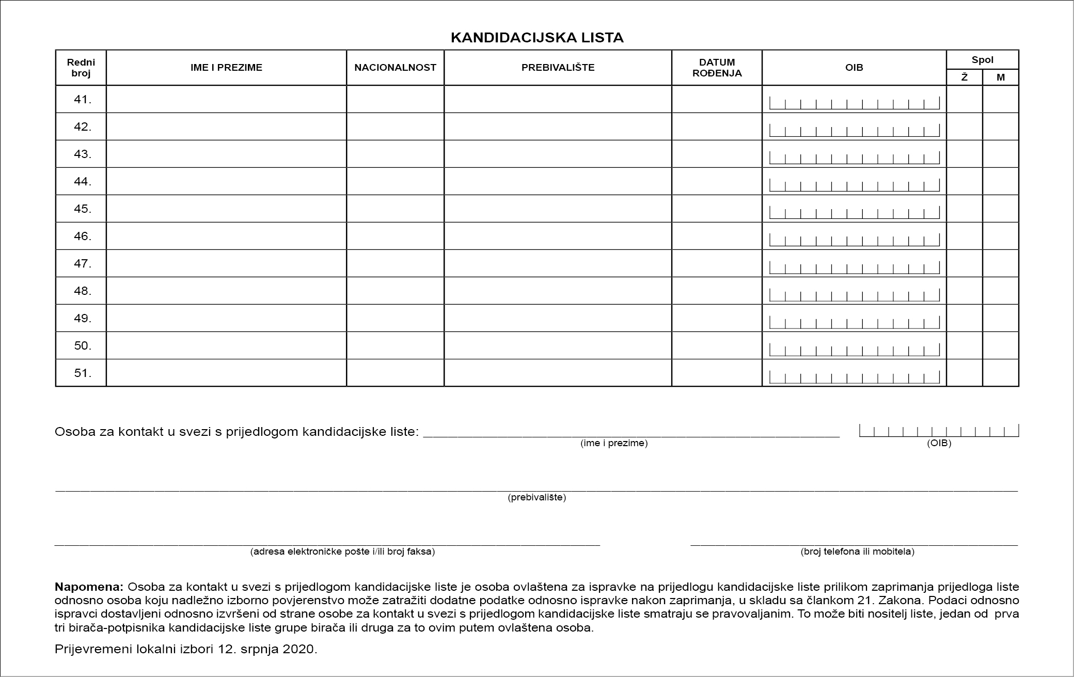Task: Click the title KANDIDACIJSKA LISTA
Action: (537, 38)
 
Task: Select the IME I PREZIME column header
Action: (226, 68)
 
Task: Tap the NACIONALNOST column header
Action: (395, 68)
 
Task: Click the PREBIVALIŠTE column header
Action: (558, 68)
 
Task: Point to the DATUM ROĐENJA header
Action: (717, 68)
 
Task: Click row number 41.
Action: (82, 99)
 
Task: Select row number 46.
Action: (82, 236)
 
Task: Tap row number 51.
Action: (82, 373)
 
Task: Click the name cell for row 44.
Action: (226, 181)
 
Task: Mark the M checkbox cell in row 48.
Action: (1001, 291)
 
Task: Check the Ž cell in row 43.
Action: (964, 154)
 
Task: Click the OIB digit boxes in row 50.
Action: (854, 349)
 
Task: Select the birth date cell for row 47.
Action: (717, 263)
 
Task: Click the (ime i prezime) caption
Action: (614, 443)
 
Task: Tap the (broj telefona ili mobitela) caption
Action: (857, 552)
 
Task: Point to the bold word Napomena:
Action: (89, 587)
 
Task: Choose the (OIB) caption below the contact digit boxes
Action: (939, 443)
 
